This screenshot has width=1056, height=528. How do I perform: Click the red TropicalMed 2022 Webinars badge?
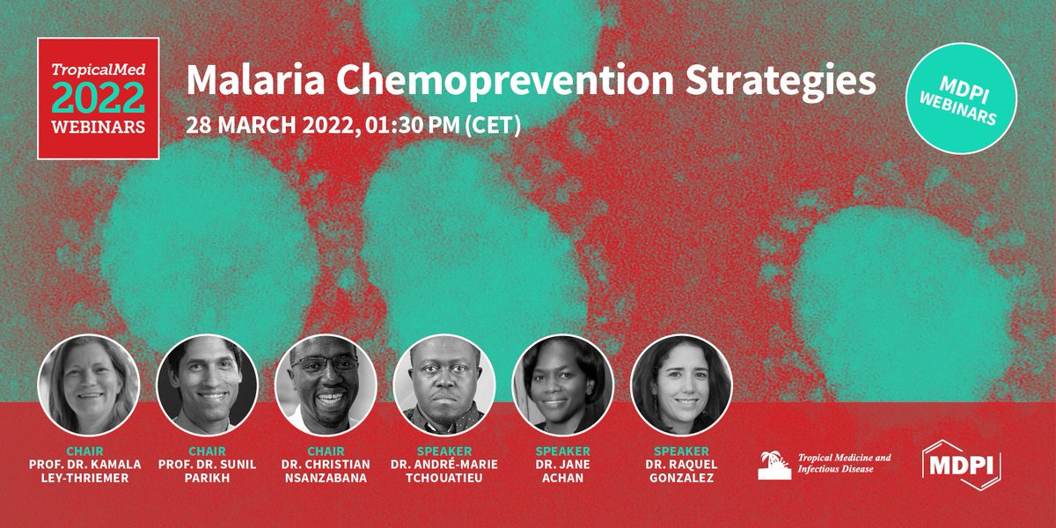pyautogui.click(x=99, y=99)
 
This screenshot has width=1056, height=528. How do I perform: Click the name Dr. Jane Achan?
pyautogui.click(x=562, y=472)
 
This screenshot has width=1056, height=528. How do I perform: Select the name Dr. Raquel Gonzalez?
pyautogui.click(x=681, y=472)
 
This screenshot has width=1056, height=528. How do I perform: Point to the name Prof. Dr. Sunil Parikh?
pyautogui.click(x=207, y=472)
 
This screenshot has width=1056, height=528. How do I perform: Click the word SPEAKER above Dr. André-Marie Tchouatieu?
pyautogui.click(x=444, y=451)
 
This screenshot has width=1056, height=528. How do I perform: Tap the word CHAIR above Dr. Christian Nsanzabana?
pyautogui.click(x=326, y=451)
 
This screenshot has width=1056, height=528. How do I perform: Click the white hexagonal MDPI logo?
pyautogui.click(x=960, y=465)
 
